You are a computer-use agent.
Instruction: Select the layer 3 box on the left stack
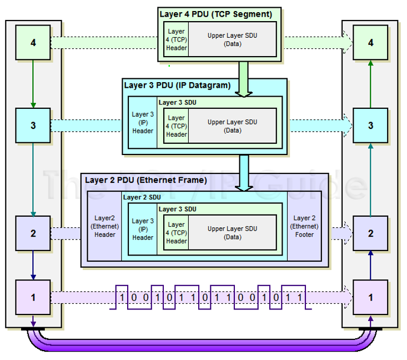(33, 126)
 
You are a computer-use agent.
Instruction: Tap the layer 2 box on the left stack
(33, 233)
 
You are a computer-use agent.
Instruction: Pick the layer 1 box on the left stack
(33, 298)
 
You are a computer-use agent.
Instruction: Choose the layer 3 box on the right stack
(371, 126)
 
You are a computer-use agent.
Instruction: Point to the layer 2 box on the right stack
(371, 233)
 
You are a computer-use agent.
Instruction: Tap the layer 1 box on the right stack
(371, 298)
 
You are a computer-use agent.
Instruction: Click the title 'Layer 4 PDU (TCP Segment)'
(215, 14)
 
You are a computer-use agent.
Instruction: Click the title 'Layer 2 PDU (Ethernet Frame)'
(145, 180)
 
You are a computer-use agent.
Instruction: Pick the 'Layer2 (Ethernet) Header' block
(105, 227)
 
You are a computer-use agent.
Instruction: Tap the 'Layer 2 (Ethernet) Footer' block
(304, 227)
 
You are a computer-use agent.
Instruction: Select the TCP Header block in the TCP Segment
(177, 39)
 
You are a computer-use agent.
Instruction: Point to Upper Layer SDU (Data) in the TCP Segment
(232, 39)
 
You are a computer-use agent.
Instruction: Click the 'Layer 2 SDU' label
(142, 197)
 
